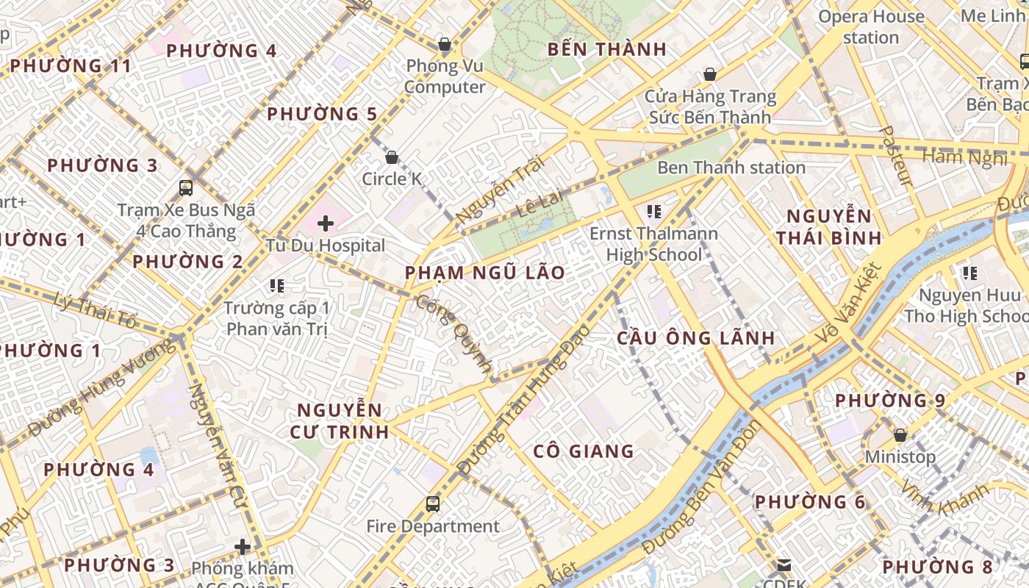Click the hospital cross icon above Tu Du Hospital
click(325, 223)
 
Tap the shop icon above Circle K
click(392, 157)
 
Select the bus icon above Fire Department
click(433, 504)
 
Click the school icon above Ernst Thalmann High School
click(653, 212)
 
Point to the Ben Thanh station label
click(731, 168)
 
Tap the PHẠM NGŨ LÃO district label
click(485, 273)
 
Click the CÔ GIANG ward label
click(584, 451)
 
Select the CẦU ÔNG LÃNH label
click(695, 338)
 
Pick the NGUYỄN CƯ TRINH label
click(340, 421)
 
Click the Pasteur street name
click(895, 156)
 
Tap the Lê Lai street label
click(539, 205)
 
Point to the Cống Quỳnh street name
click(454, 334)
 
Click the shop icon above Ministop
click(900, 434)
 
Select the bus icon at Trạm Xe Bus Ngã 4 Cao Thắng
click(186, 187)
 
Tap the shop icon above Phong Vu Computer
click(444, 44)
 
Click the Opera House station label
click(871, 26)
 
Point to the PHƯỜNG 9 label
click(890, 401)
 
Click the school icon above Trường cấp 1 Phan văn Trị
click(277, 285)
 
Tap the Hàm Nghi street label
click(964, 157)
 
